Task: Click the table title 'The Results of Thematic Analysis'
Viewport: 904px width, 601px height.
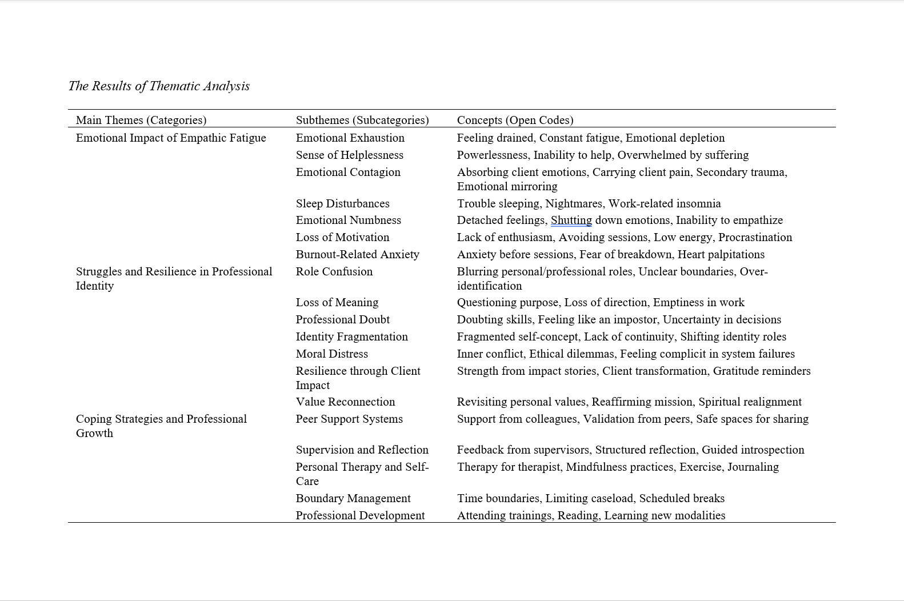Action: [x=159, y=86]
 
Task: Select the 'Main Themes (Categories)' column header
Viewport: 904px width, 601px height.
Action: [x=141, y=120]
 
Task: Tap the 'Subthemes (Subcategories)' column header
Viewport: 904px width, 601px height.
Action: [x=362, y=120]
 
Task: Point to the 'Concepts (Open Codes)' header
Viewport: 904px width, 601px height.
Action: [x=515, y=120]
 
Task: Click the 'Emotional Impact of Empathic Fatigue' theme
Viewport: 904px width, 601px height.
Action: [x=171, y=138]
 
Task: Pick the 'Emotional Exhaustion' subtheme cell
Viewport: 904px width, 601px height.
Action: [x=350, y=138]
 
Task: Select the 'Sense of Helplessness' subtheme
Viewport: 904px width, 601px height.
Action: [x=349, y=155]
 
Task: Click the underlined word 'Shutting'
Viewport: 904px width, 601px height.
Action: [x=571, y=220]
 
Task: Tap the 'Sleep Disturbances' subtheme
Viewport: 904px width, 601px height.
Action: [x=342, y=203]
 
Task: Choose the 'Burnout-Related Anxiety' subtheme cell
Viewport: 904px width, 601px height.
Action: [x=357, y=254]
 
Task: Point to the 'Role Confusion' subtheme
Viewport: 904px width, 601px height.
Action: [x=334, y=271]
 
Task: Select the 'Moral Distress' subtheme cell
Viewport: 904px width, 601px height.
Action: [x=331, y=354]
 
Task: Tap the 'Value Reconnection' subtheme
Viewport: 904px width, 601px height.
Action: [x=345, y=402]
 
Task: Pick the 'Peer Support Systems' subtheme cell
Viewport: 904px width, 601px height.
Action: [x=349, y=419]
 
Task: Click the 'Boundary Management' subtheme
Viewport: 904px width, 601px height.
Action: [x=353, y=498]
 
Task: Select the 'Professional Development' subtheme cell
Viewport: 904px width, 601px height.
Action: [x=360, y=515]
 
